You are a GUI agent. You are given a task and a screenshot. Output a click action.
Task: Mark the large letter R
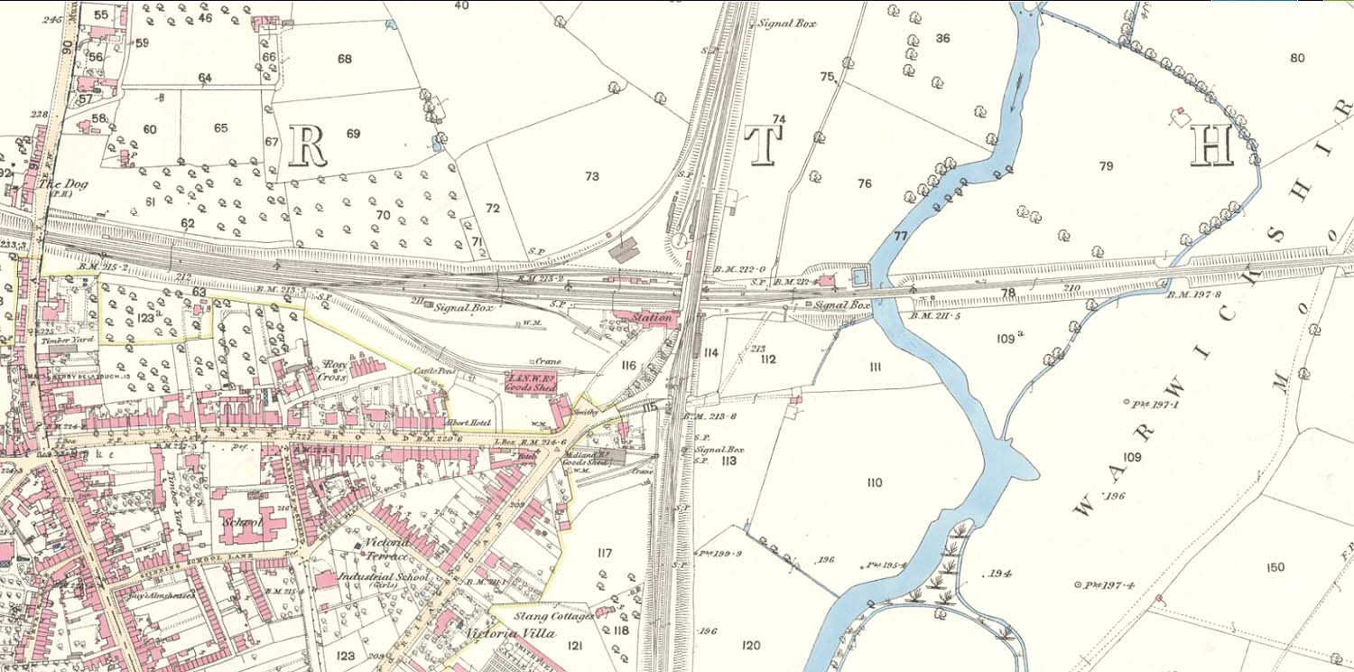coord(307,145)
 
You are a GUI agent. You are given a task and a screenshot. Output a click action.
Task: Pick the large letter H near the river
coord(1211,145)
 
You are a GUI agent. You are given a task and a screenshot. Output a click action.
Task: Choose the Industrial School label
coord(379,575)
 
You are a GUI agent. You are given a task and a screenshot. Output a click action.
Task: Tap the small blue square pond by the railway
coord(858,275)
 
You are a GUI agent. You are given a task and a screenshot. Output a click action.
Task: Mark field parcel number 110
coord(874,483)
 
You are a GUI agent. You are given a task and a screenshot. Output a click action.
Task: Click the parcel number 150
coord(1275,567)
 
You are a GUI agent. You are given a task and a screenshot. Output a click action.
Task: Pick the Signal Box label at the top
coord(787,23)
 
